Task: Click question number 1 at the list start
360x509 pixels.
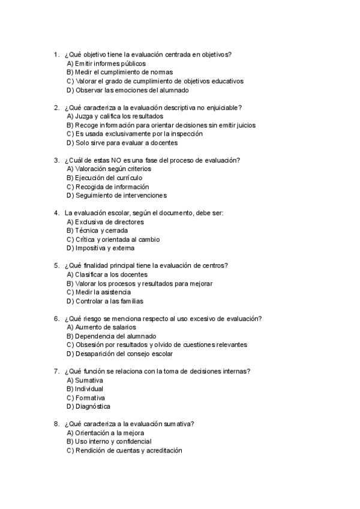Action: pos(56,55)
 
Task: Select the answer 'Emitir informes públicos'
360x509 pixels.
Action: pos(106,64)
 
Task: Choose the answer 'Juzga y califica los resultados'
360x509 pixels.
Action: pos(115,116)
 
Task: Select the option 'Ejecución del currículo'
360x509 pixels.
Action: pos(104,178)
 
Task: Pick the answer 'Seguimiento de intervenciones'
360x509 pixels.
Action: pos(116,195)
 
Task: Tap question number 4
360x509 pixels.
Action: pos(56,213)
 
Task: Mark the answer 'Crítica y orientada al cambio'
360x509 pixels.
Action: pos(113,239)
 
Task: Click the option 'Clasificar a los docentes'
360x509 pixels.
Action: pos(107,274)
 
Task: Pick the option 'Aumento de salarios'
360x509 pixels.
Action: pos(101,327)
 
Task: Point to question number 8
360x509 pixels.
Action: pos(56,424)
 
